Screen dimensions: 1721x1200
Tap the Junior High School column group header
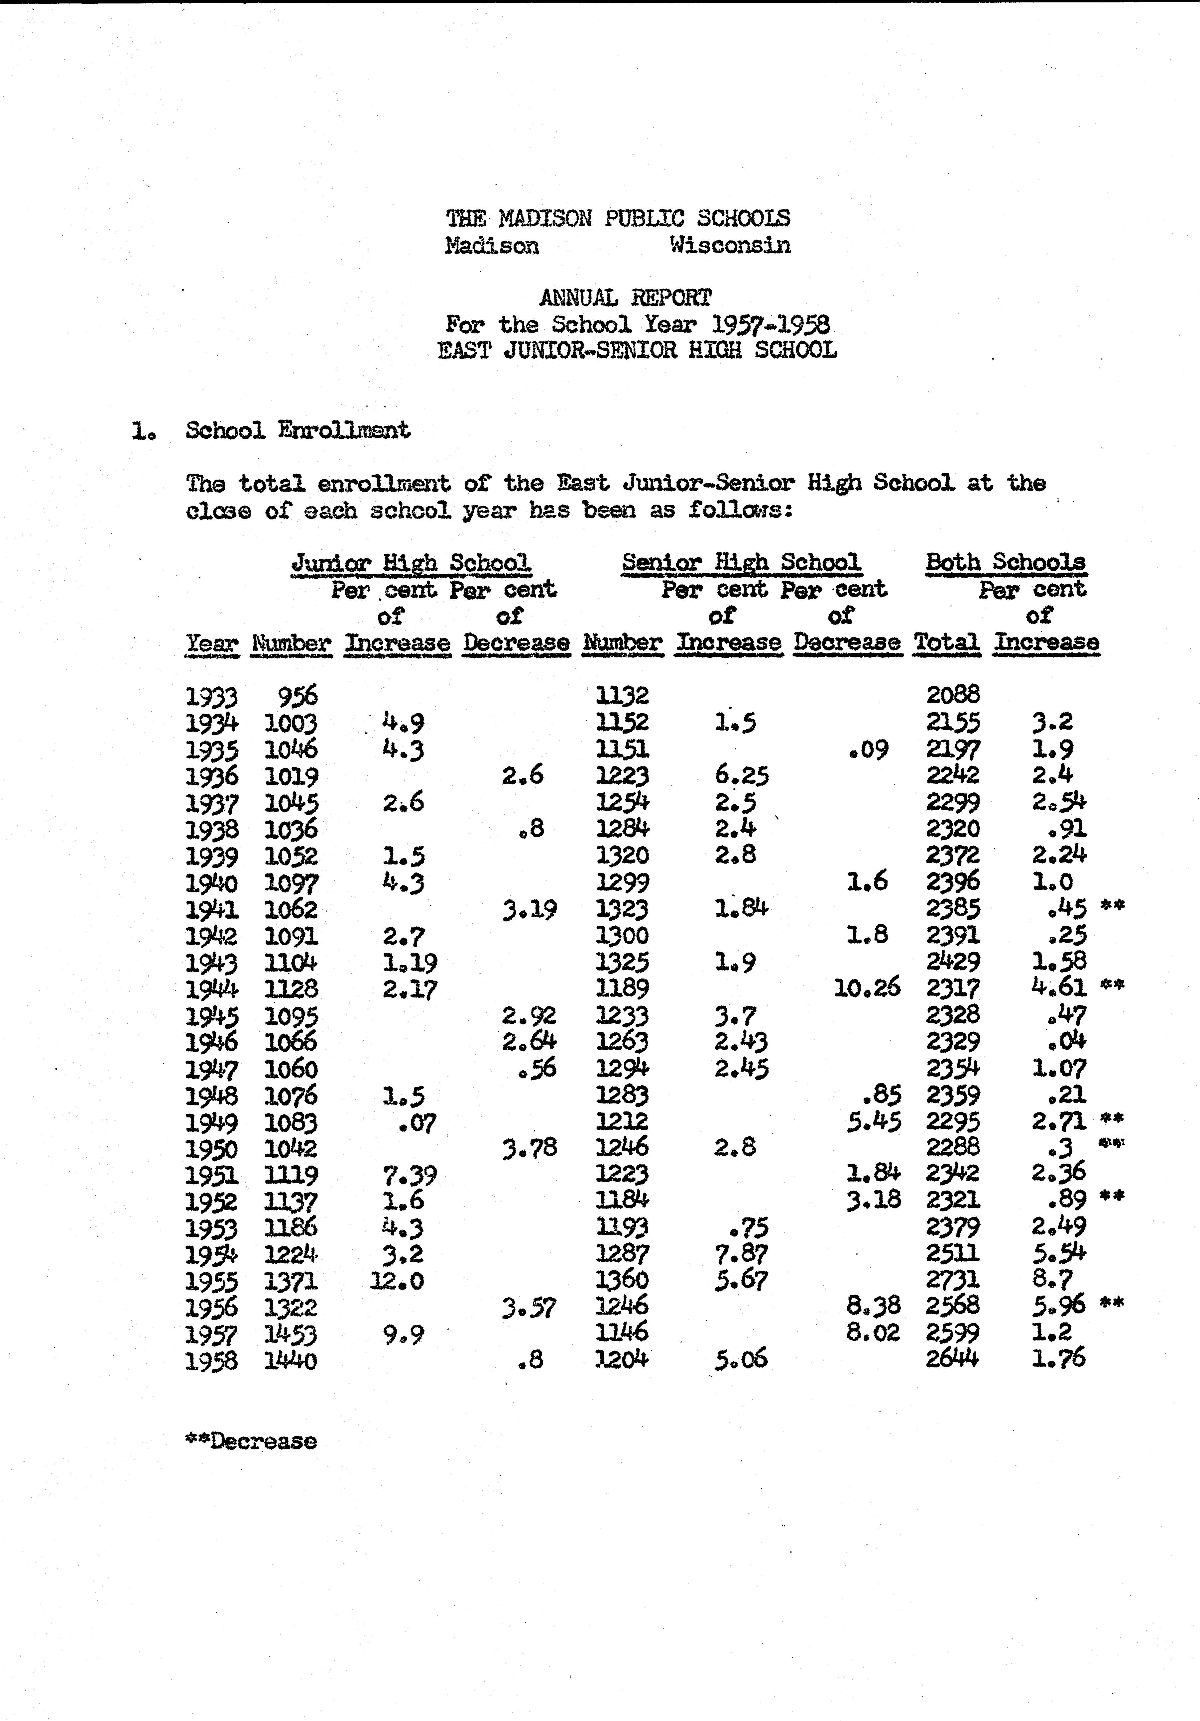coord(411,562)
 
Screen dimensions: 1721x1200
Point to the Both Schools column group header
coord(1005,562)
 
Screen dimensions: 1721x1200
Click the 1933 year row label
coord(211,697)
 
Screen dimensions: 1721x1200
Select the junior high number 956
coord(298,696)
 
